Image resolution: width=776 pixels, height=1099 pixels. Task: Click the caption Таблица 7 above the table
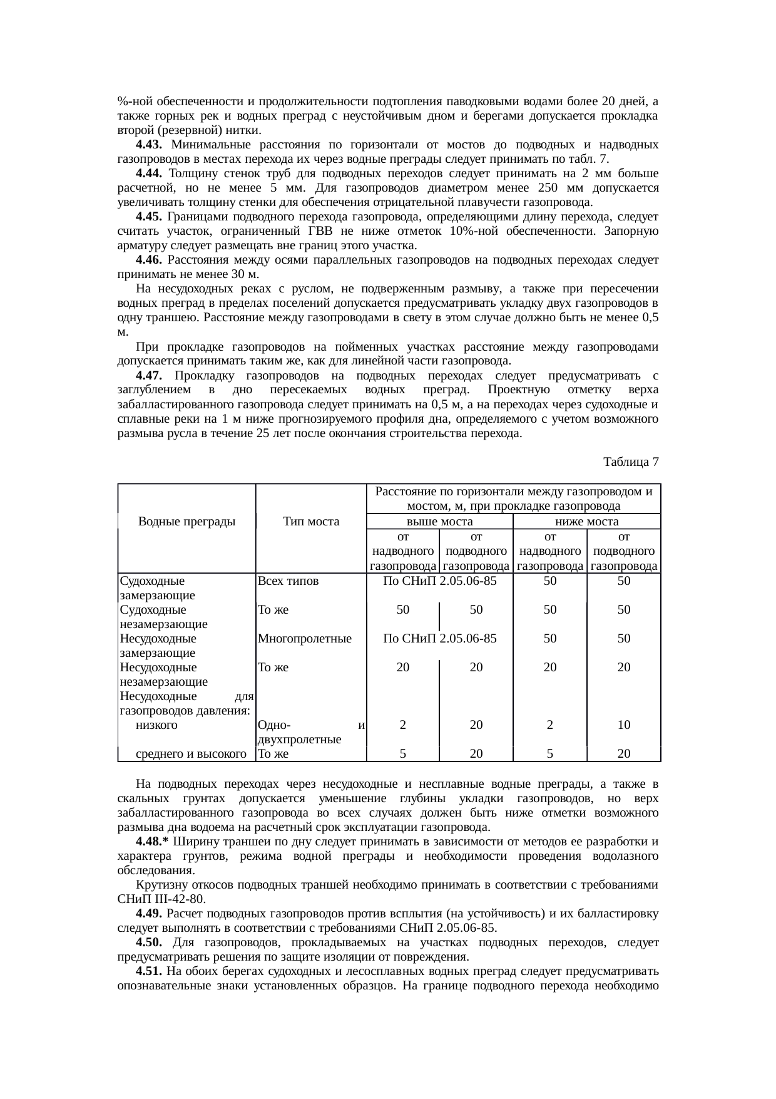click(x=630, y=462)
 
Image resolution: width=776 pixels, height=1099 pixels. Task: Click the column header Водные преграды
click(x=186, y=521)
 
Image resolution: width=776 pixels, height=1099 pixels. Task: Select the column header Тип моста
click(x=310, y=521)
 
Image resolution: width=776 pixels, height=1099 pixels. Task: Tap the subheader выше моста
click(x=439, y=521)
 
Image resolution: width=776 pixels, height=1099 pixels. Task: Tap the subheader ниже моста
click(x=586, y=521)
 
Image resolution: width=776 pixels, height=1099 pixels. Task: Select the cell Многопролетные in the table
click(x=304, y=639)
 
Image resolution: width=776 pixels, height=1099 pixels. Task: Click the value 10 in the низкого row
click(x=623, y=725)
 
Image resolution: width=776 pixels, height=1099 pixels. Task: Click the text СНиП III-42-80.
click(x=161, y=899)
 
